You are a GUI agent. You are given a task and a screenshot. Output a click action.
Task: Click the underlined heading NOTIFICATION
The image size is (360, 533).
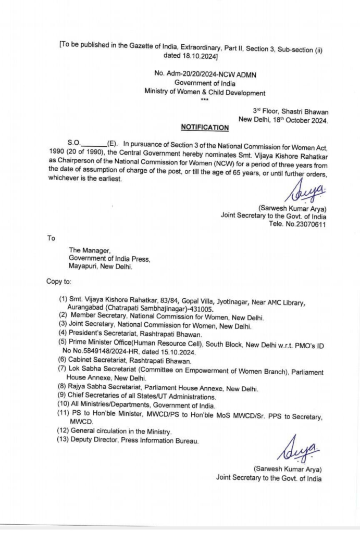tap(204, 128)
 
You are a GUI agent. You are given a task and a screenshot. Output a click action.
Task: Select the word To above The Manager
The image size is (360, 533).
tap(51, 238)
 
